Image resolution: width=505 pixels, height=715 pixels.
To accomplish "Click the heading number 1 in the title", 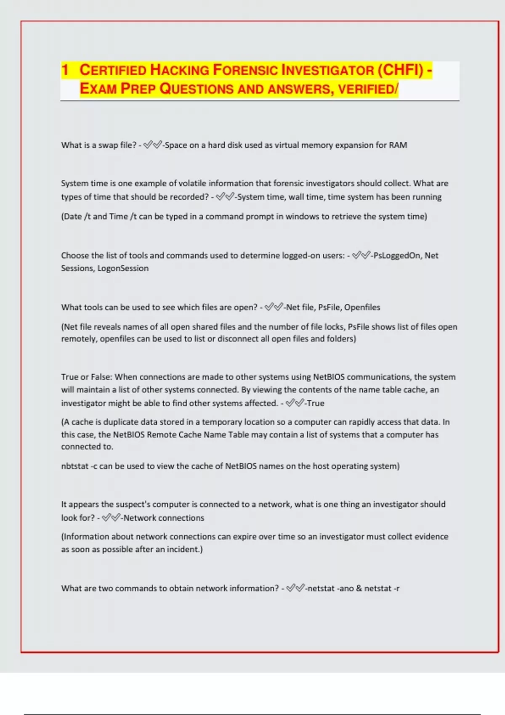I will pyautogui.click(x=65, y=70).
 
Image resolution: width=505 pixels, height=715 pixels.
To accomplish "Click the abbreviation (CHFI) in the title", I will pyautogui.click(x=401, y=70).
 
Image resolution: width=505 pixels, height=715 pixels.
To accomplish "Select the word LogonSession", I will pyautogui.click(x=123, y=268).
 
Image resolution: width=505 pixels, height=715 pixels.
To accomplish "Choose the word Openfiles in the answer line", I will pyautogui.click(x=362, y=307).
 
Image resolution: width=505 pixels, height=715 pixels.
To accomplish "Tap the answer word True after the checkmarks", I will pyautogui.click(x=316, y=403).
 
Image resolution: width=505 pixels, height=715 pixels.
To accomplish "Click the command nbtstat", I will pyautogui.click(x=74, y=466).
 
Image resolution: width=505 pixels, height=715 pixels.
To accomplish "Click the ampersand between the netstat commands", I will pyautogui.click(x=359, y=588).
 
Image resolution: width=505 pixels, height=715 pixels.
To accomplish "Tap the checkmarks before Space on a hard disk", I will pyautogui.click(x=152, y=145).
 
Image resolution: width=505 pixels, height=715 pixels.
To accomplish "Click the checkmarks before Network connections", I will pyautogui.click(x=111, y=518).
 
